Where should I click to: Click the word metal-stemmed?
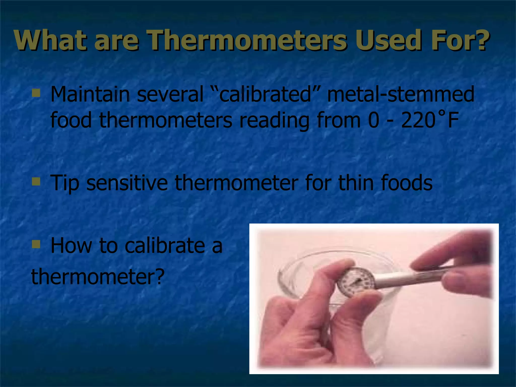(401, 94)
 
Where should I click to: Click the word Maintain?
(90, 94)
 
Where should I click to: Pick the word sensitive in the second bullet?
(127, 183)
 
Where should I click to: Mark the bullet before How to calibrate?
(36, 244)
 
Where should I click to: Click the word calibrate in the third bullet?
(165, 245)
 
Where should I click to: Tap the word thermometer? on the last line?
(98, 277)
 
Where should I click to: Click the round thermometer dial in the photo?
(356, 282)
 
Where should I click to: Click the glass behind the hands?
(302, 267)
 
